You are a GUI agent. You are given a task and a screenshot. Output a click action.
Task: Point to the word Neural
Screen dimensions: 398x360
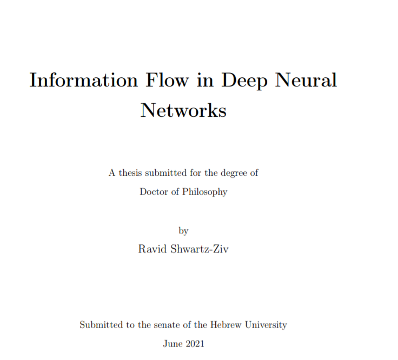point(307,80)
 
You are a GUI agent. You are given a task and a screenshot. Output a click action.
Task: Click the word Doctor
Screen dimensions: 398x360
point(154,191)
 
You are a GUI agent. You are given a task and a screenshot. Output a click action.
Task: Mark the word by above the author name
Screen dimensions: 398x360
point(183,231)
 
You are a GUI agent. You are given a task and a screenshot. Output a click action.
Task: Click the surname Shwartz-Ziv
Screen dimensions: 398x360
point(200,249)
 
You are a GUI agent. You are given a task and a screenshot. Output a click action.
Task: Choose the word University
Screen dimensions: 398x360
point(266,325)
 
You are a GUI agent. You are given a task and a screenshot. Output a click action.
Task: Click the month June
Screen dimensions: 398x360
point(173,343)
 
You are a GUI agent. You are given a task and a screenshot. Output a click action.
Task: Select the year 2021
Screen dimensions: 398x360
point(195,343)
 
